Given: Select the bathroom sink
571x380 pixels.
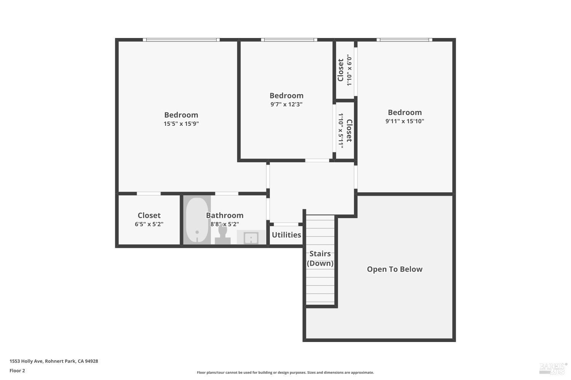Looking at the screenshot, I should coord(251,238).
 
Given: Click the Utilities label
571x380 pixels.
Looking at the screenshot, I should coord(286,235).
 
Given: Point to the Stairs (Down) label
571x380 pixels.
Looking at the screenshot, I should coord(320,258).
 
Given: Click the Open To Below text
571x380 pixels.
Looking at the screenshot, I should coord(394,269).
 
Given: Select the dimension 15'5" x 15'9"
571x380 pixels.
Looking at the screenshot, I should coord(181,123).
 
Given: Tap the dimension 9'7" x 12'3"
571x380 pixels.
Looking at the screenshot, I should coord(286,104).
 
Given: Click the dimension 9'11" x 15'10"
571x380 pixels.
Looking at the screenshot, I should coord(405,121).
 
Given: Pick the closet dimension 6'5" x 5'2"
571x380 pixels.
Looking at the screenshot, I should coord(149,224).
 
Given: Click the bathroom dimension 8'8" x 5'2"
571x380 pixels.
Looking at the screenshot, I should coord(225,224).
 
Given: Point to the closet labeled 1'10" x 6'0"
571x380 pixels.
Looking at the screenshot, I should coord(345,70).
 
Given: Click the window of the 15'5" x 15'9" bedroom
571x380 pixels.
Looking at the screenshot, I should coord(181,40).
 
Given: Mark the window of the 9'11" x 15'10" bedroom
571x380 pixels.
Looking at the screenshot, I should coord(404,40).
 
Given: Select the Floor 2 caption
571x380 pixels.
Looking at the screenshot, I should coord(17,370).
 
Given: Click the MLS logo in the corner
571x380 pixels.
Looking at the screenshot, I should coord(553,367).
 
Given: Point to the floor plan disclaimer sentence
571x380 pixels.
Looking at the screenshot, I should coord(285,372).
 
